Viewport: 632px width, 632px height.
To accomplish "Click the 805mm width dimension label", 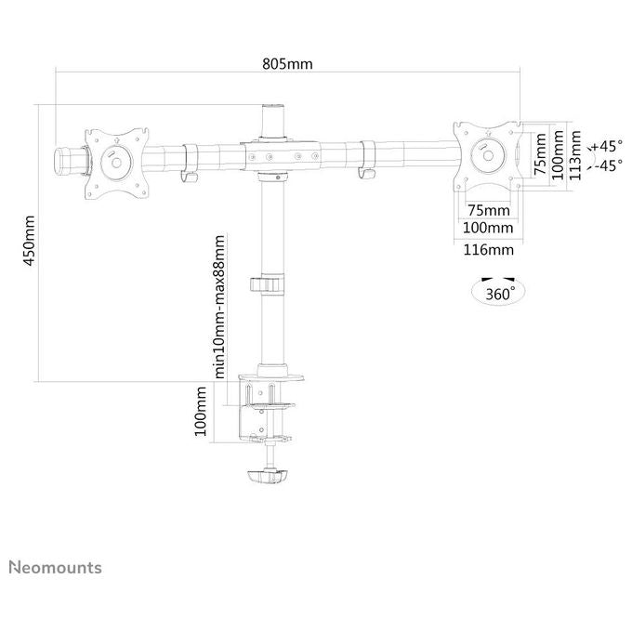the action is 287,64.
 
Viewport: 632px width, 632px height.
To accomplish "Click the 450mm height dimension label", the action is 29,241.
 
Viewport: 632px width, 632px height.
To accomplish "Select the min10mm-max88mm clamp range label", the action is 219,307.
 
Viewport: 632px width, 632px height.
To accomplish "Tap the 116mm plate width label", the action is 488,250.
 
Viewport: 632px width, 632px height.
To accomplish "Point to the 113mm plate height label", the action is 575,155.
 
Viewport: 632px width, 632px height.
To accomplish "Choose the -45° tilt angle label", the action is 608,165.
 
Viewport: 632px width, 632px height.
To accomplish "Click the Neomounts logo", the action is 55,568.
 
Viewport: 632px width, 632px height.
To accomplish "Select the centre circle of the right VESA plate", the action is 488,155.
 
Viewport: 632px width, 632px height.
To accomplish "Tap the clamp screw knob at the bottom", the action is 268,476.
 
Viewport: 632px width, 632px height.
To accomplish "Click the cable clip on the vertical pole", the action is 267,284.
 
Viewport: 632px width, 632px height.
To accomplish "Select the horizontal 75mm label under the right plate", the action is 489,210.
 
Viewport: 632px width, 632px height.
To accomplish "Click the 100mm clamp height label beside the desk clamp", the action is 201,411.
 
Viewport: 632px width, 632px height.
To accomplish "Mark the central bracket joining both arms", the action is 280,155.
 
